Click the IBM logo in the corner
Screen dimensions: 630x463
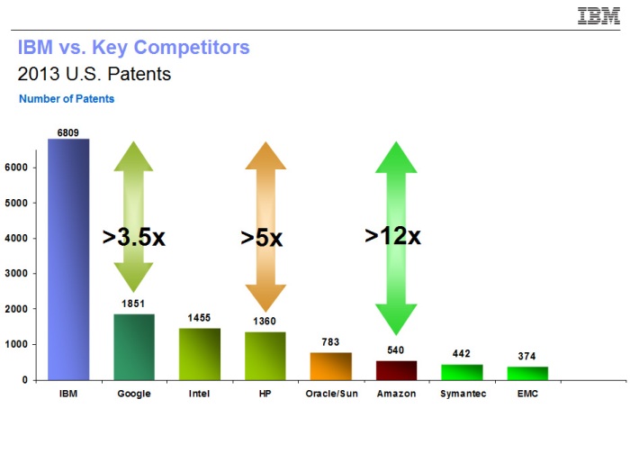(x=598, y=16)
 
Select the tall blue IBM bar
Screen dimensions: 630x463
(x=68, y=259)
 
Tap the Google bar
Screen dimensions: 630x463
(x=134, y=347)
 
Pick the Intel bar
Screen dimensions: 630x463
(x=200, y=354)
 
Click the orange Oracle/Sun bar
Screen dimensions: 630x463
(x=331, y=367)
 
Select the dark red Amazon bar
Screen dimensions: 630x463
(x=397, y=370)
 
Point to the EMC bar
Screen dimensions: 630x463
(x=527, y=373)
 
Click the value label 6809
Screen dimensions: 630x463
(x=67, y=132)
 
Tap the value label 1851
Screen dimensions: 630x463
(x=133, y=304)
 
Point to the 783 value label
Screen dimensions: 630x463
(x=330, y=342)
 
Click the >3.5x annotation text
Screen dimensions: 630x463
(x=134, y=237)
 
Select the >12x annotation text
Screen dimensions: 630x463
(x=393, y=236)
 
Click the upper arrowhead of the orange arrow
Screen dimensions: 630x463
(x=265, y=156)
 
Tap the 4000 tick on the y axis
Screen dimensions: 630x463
(x=16, y=238)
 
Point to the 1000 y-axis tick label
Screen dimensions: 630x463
(x=16, y=344)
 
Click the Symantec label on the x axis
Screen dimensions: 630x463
(x=463, y=394)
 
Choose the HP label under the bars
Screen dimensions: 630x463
(x=265, y=394)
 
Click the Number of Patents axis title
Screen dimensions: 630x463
(x=67, y=99)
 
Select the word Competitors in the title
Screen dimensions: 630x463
(x=192, y=48)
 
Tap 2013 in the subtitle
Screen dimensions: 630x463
(x=39, y=74)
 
